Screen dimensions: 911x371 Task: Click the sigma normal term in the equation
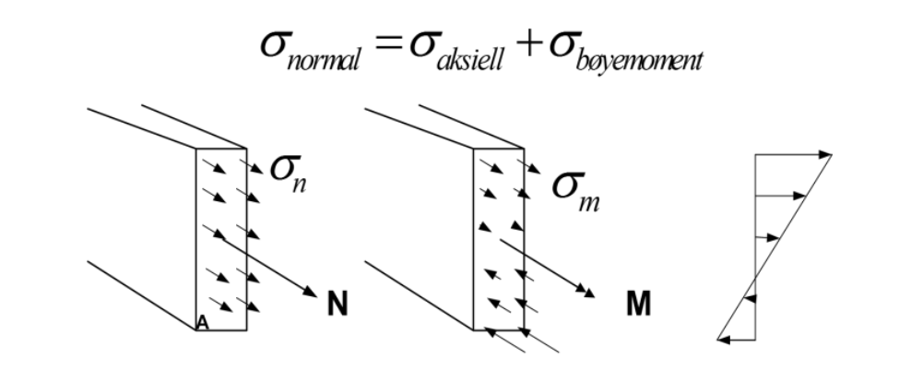[311, 51]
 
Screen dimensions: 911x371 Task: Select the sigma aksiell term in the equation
[456, 51]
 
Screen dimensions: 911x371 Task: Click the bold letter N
[337, 304]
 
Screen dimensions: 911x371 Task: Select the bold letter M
[638, 304]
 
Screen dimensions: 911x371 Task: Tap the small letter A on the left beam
[202, 322]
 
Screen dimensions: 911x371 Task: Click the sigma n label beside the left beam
[289, 174]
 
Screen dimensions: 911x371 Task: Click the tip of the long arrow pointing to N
[316, 296]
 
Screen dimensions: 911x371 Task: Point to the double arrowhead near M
[586, 290]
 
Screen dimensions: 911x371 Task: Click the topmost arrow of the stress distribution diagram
[794, 155]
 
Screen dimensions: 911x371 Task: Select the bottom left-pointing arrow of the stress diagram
[736, 340]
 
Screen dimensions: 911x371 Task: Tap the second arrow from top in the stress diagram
[780, 196]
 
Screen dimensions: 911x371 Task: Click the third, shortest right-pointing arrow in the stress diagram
[767, 237]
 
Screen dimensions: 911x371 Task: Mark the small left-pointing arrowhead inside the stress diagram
[750, 298]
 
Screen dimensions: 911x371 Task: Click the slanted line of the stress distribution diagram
[775, 247]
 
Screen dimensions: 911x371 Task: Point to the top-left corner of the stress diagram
[755, 155]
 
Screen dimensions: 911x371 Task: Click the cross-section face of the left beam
[221, 239]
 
